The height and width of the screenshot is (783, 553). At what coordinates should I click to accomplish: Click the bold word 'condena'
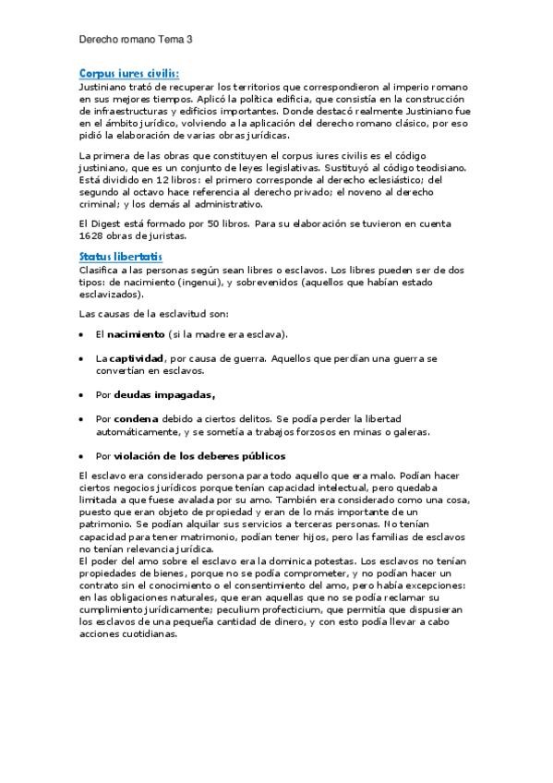pos(136,418)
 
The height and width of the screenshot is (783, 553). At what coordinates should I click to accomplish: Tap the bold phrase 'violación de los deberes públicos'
pos(199,455)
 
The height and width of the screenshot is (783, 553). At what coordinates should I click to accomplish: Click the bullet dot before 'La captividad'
pos(83,358)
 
